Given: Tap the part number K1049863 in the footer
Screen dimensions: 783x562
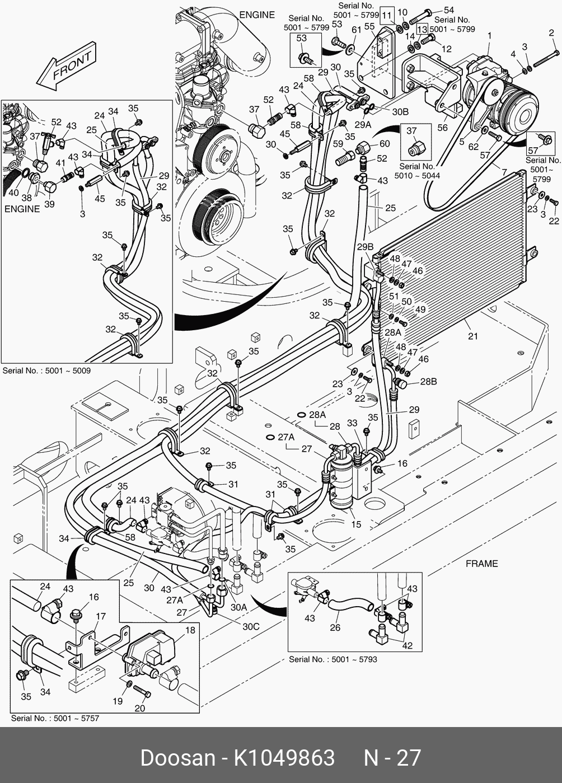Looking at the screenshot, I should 284,758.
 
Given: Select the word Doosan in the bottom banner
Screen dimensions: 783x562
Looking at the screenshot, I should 177,758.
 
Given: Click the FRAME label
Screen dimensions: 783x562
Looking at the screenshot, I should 481,564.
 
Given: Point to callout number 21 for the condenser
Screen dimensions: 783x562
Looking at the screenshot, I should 473,336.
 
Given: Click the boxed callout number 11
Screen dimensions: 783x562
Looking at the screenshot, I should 387,16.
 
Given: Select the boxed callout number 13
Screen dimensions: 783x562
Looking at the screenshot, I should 422,29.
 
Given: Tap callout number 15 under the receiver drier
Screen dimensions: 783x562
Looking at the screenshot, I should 356,524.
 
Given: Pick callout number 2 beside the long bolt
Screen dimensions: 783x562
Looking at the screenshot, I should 551,33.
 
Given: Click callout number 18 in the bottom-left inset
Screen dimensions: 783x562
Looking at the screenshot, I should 190,630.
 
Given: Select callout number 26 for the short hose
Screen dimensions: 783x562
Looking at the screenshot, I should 335,627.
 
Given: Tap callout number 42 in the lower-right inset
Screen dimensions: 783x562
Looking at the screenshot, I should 407,645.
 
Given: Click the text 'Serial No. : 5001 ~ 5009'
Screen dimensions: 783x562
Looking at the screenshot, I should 46,371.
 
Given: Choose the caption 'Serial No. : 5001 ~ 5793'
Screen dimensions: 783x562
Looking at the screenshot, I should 332,659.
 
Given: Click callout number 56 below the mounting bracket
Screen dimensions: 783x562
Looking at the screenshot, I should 442,128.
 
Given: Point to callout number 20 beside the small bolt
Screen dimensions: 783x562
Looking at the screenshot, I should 139,708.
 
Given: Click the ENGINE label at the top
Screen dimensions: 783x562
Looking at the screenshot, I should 257,15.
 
